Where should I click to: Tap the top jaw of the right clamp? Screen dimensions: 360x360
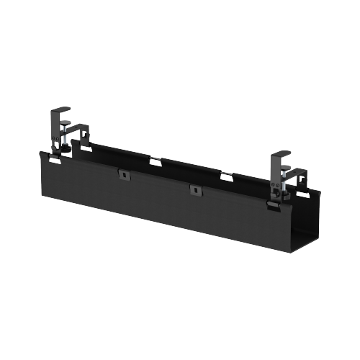(x=282, y=155)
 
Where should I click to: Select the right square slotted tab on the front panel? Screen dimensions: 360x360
(x=193, y=189)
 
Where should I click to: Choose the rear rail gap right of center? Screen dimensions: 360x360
(x=226, y=177)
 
